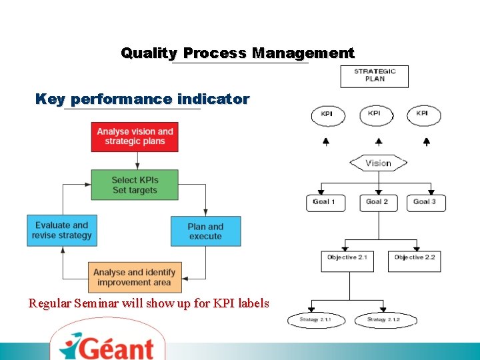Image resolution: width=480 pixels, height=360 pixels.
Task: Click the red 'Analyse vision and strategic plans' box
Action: pyautogui.click(x=135, y=137)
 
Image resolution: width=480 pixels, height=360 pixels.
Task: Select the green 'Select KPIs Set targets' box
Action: pyautogui.click(x=135, y=185)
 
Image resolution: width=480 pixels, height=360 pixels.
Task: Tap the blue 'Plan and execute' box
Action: pyautogui.click(x=205, y=231)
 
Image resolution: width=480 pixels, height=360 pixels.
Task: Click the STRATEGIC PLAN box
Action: pyautogui.click(x=375, y=76)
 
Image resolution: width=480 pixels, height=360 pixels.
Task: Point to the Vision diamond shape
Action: pyautogui.click(x=378, y=163)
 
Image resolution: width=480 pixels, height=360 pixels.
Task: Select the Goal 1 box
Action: pyautogui.click(x=325, y=203)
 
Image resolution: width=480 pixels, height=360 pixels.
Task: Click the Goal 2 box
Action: pyautogui.click(x=377, y=203)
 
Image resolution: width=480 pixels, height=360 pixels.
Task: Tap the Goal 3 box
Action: pyautogui.click(x=425, y=203)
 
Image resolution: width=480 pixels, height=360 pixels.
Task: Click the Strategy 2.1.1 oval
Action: pyautogui.click(x=315, y=321)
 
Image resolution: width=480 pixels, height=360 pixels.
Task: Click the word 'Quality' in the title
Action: pyautogui.click(x=149, y=53)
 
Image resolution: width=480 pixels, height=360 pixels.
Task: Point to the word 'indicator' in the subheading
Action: pyautogui.click(x=213, y=100)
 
